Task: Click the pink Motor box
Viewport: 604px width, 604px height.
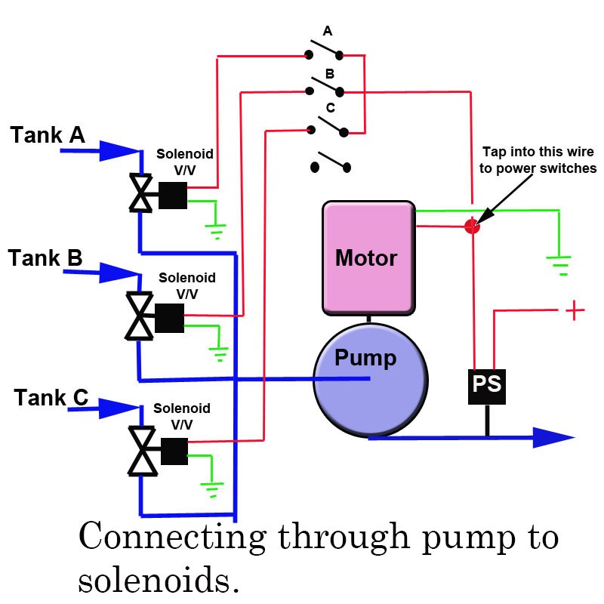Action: [x=368, y=257]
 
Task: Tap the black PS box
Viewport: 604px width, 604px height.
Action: [x=486, y=384]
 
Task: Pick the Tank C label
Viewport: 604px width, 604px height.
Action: [x=51, y=397]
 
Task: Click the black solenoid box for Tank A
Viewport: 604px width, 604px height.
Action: [x=172, y=196]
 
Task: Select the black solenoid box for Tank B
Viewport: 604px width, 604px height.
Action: [x=169, y=319]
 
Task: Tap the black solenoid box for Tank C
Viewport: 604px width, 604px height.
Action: [x=174, y=451]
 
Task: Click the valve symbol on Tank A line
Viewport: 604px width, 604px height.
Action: [x=140, y=193]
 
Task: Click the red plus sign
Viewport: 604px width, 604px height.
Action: [x=575, y=310]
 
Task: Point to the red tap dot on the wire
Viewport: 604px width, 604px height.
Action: [x=472, y=225]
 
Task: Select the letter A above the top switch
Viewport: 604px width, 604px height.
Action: [x=327, y=32]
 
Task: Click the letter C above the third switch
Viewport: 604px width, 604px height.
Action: [x=330, y=108]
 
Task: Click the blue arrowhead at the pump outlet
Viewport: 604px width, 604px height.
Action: [x=555, y=438]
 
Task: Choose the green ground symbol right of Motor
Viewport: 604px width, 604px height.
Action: [x=559, y=264]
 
